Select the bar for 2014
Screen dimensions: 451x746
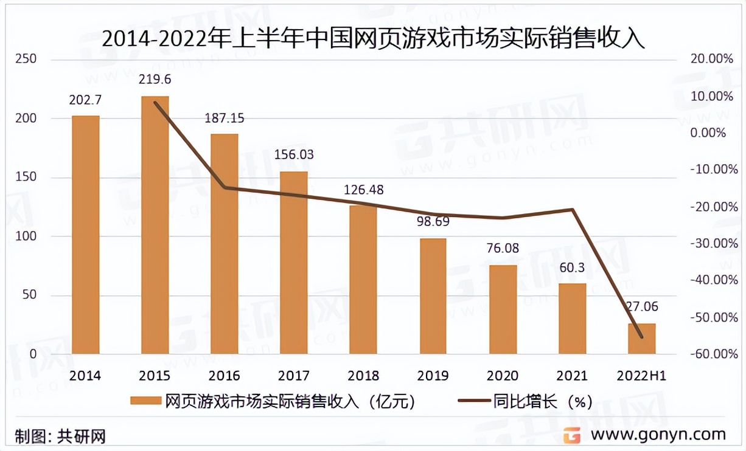(85, 235)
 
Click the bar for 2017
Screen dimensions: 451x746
(294, 263)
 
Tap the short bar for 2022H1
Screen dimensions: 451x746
(641, 339)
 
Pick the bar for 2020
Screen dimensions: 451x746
(503, 309)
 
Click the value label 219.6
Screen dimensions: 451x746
(155, 80)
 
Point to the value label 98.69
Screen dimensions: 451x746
(433, 221)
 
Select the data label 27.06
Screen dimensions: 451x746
(641, 307)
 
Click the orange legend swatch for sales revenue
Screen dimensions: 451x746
(146, 402)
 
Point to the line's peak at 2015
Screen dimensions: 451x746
(156, 103)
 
